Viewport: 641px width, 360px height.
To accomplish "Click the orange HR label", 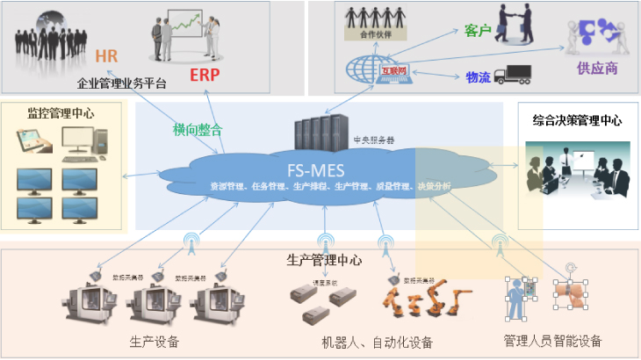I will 106,57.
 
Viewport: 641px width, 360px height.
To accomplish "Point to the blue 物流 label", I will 477,77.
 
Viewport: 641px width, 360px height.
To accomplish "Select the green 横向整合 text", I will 198,130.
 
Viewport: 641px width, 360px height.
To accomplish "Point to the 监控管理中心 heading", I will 61,112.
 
